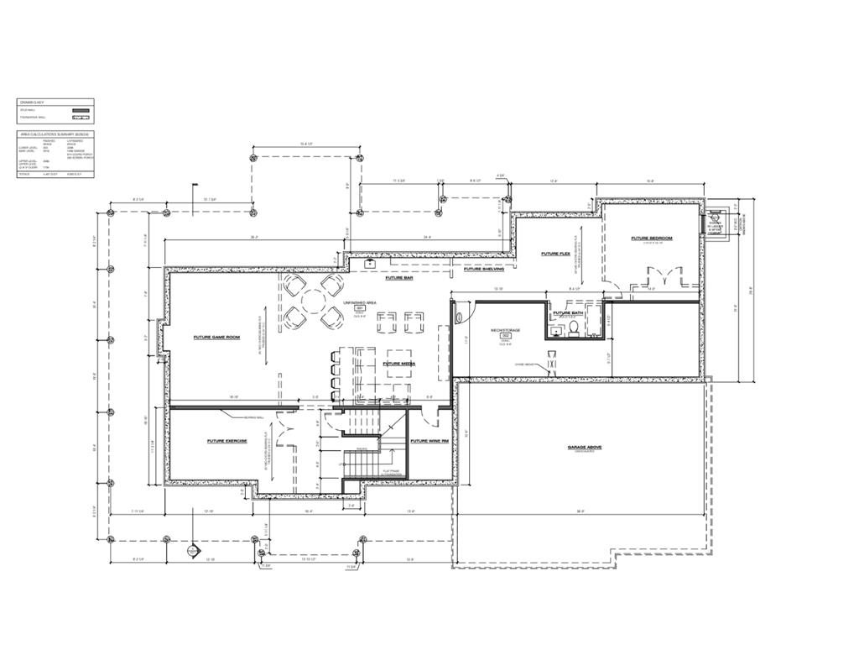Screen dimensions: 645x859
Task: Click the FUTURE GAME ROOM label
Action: pyautogui.click(x=216, y=338)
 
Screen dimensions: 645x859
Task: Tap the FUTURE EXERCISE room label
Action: pyautogui.click(x=226, y=441)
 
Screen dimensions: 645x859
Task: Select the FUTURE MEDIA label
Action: pyautogui.click(x=397, y=364)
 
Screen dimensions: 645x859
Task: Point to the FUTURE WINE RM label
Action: pyautogui.click(x=429, y=441)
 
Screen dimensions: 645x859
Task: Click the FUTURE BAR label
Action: pyautogui.click(x=399, y=278)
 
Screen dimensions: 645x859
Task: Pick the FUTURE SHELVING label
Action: pyautogui.click(x=484, y=270)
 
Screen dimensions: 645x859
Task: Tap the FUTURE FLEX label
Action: pyautogui.click(x=555, y=254)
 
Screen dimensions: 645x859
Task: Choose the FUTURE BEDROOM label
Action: pyautogui.click(x=652, y=239)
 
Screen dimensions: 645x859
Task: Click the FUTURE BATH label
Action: pyautogui.click(x=567, y=313)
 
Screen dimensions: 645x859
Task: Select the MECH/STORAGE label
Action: pyautogui.click(x=506, y=331)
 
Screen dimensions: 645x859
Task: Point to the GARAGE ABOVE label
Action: pyautogui.click(x=584, y=448)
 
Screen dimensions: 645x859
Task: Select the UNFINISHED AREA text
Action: pyautogui.click(x=359, y=302)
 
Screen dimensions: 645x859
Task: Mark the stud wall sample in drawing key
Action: pyautogui.click(x=81, y=110)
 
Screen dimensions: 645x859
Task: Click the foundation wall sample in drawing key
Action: pyautogui.click(x=81, y=118)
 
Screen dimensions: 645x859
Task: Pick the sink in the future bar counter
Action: pyautogui.click(x=369, y=263)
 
